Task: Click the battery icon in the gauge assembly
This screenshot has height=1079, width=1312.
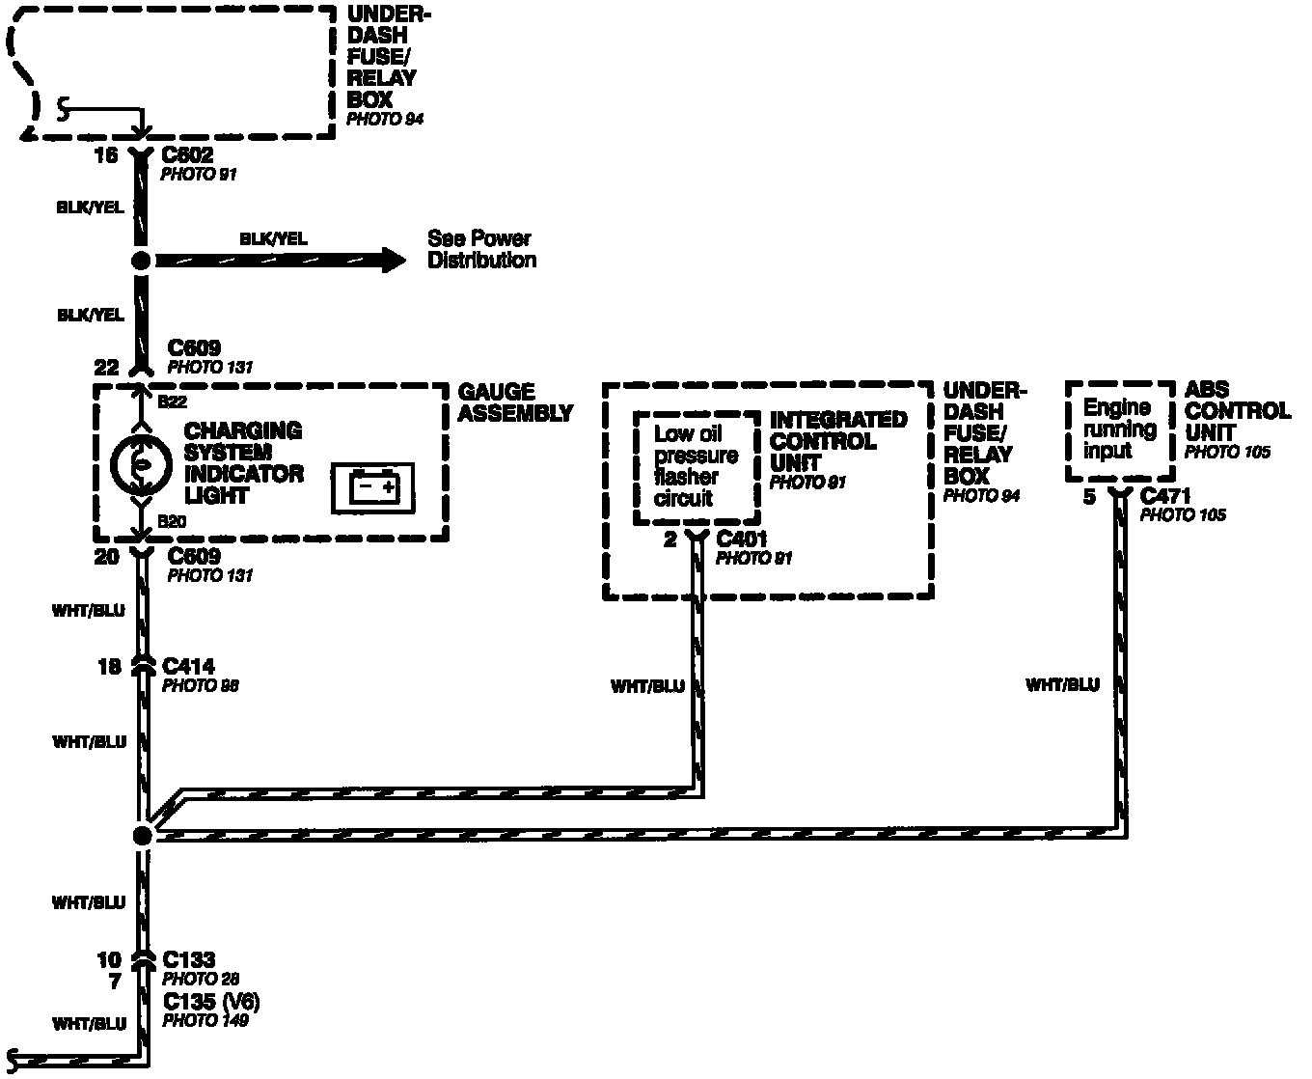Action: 372,487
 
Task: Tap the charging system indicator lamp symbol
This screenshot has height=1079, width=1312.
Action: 141,464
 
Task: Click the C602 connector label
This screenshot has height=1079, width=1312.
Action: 187,155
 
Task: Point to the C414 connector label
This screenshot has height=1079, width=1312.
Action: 188,666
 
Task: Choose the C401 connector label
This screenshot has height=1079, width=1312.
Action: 741,539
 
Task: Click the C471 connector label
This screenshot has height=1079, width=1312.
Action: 1165,496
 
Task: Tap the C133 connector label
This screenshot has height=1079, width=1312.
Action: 188,960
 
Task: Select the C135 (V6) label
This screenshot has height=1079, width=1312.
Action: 211,1000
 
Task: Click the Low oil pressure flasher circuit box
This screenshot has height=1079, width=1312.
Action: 695,467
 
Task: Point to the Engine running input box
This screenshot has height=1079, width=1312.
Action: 1119,429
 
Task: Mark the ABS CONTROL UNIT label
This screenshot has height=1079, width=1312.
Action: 1237,411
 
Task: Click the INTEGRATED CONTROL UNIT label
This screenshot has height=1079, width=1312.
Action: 837,441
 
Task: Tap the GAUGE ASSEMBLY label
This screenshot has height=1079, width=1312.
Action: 514,402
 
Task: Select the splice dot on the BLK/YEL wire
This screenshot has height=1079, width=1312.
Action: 141,261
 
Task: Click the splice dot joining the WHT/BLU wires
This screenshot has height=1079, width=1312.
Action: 142,836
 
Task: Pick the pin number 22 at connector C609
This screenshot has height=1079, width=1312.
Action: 106,368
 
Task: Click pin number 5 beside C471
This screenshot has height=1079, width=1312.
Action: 1089,498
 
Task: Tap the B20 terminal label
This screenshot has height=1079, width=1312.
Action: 172,522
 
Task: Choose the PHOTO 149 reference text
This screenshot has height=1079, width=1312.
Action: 205,1019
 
